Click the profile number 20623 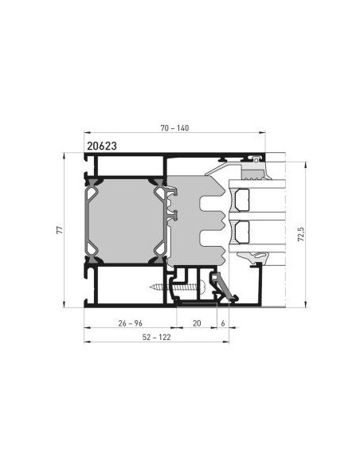click(102, 146)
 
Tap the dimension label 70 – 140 click(174, 128)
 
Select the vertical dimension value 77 click(60, 230)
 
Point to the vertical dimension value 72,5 click(301, 234)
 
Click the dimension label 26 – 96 click(130, 323)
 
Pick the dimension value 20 click(197, 323)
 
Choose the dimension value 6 click(223, 323)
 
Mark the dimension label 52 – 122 click(156, 337)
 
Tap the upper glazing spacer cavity click(242, 200)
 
